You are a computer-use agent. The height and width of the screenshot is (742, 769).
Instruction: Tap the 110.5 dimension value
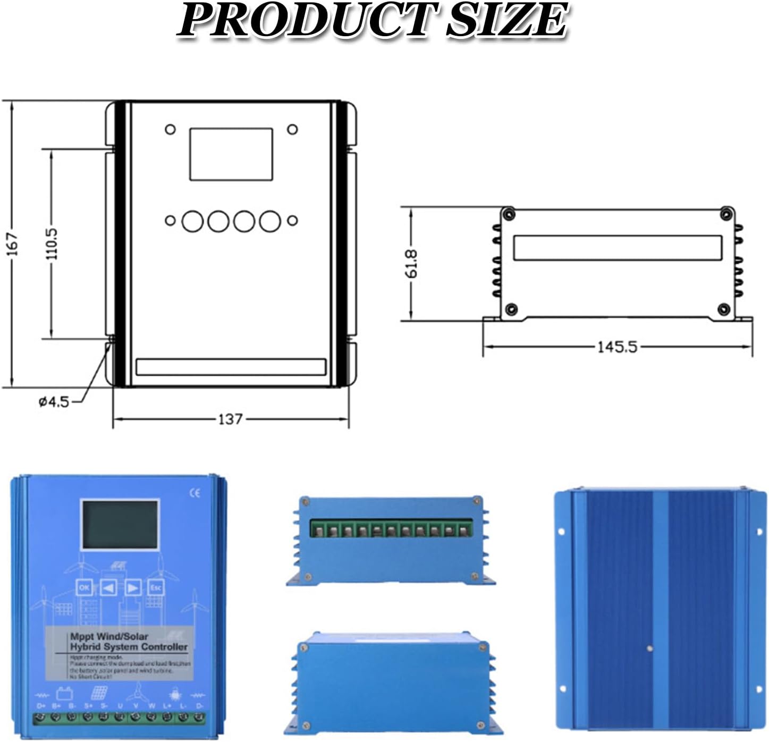pyautogui.click(x=52, y=243)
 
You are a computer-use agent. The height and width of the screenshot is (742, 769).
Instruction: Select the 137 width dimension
pyautogui.click(x=230, y=419)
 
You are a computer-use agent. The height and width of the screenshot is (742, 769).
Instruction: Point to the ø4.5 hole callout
pyautogui.click(x=54, y=402)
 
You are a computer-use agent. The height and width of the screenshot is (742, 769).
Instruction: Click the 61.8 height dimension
pyautogui.click(x=411, y=264)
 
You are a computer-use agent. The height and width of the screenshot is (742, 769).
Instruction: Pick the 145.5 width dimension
pyautogui.click(x=616, y=347)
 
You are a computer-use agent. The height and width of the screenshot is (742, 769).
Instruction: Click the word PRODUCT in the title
pyautogui.click(x=308, y=20)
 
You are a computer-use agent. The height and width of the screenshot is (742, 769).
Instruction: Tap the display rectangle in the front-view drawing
pyautogui.click(x=231, y=154)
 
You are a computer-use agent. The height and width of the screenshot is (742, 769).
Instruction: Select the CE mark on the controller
pyautogui.click(x=195, y=493)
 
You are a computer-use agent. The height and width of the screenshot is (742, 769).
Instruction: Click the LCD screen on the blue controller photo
pyautogui.click(x=120, y=525)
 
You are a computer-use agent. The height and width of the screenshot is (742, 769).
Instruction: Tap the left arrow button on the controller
pyautogui.click(x=108, y=587)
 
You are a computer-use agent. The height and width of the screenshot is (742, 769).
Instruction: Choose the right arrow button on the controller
pyautogui.click(x=132, y=587)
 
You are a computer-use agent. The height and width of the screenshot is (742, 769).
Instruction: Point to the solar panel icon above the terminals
pyautogui.click(x=99, y=692)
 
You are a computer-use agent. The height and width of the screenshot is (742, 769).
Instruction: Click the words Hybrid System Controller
pyautogui.click(x=129, y=647)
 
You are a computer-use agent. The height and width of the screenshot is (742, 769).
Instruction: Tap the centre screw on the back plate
pyautogui.click(x=649, y=648)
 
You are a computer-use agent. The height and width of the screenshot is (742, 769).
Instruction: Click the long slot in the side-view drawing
pyautogui.click(x=617, y=248)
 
